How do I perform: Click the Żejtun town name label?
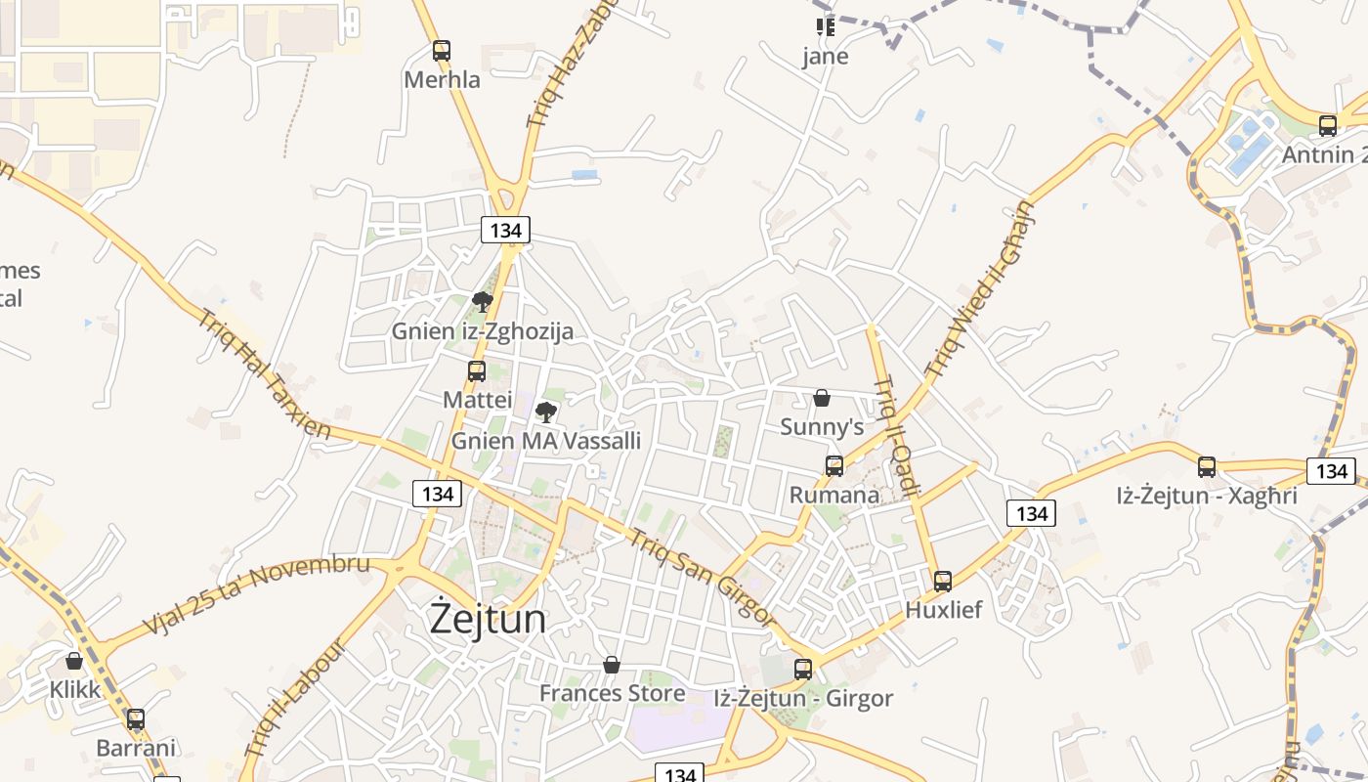coord(489,620)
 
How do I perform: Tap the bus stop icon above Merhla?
coord(442,51)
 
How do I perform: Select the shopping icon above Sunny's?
coord(822,398)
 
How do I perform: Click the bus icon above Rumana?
coord(834,466)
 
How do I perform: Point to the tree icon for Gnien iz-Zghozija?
coord(482,301)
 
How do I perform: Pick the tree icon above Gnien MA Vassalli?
coord(546,412)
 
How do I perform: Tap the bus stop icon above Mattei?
coord(477,371)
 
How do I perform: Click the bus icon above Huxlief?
coord(943,582)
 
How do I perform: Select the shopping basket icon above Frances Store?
coord(612,665)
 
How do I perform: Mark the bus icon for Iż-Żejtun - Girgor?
coord(803,670)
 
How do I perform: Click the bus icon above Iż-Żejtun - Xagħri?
coord(1207,467)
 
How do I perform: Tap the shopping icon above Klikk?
coord(74,661)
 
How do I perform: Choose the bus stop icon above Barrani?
coord(136,720)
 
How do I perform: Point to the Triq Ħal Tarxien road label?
coord(264,373)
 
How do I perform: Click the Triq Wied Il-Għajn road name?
coord(979,290)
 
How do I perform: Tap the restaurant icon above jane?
coord(826,26)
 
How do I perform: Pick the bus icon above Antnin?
coord(1327,126)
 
